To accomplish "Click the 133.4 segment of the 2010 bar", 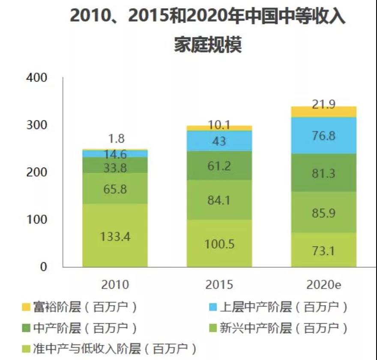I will (x=115, y=235).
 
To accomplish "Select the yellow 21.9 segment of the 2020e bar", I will (x=324, y=111).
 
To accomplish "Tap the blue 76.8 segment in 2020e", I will (x=324, y=135).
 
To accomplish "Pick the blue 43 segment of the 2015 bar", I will (x=219, y=141).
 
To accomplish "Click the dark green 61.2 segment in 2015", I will (x=219, y=165).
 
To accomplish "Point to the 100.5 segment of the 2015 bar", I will (x=219, y=243).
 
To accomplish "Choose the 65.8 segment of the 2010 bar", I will (x=115, y=188).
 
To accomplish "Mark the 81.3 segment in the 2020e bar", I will (x=324, y=172).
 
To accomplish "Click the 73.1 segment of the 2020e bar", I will (x=324, y=250).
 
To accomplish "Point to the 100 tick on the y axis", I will (x=36, y=219).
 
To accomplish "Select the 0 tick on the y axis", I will (x=42, y=267).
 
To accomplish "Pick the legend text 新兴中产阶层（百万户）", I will (x=283, y=329).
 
